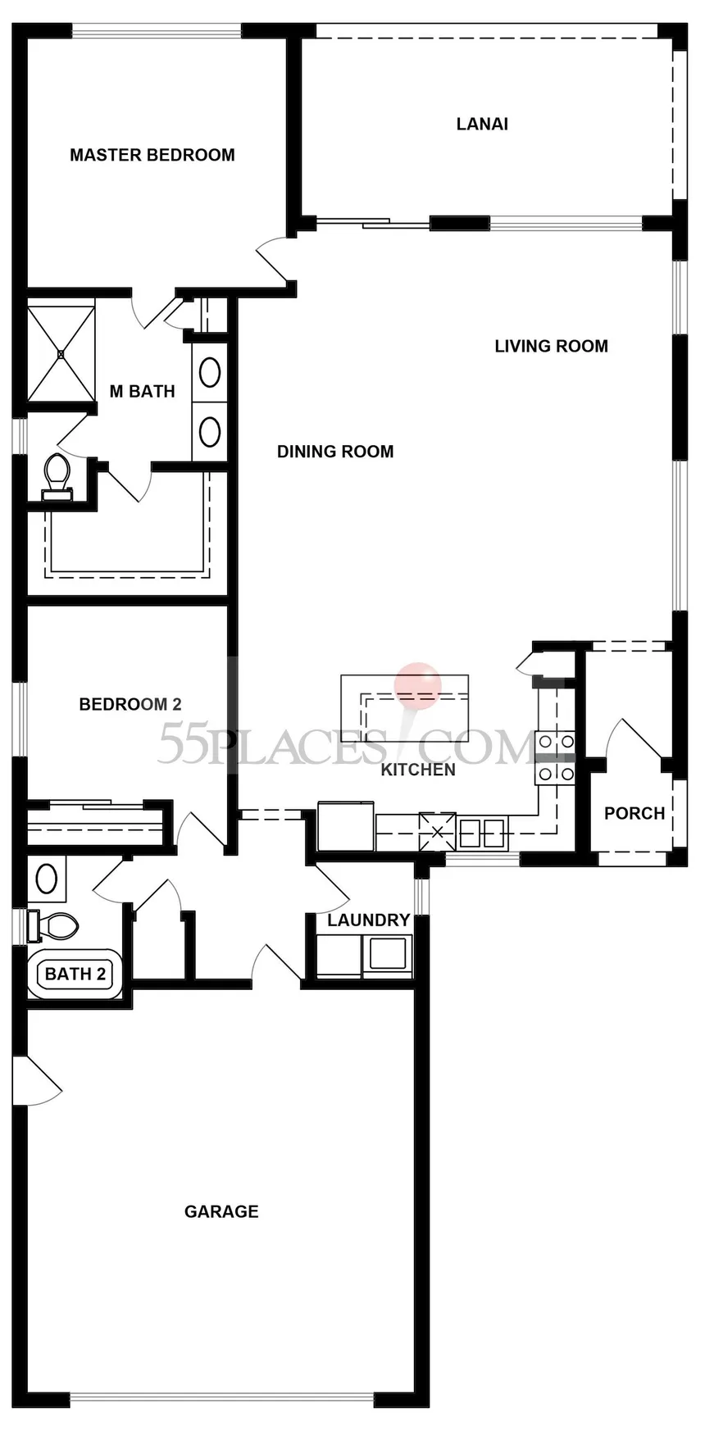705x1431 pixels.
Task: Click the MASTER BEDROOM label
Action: (x=152, y=155)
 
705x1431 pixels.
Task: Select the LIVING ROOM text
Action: (x=551, y=346)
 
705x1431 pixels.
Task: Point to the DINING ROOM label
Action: (x=334, y=451)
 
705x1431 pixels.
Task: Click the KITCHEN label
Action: (x=418, y=770)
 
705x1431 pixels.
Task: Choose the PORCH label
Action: (x=634, y=813)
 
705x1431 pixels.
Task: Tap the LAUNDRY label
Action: (x=368, y=920)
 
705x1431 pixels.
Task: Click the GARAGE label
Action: (x=221, y=1211)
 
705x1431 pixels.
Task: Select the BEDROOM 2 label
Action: (x=130, y=704)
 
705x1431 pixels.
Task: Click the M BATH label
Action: (x=142, y=391)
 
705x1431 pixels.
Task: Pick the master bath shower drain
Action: (x=61, y=354)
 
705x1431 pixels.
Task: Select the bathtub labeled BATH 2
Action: (x=75, y=974)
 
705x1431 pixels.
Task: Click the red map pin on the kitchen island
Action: (x=417, y=684)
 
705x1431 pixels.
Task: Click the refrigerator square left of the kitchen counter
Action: (x=346, y=826)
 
